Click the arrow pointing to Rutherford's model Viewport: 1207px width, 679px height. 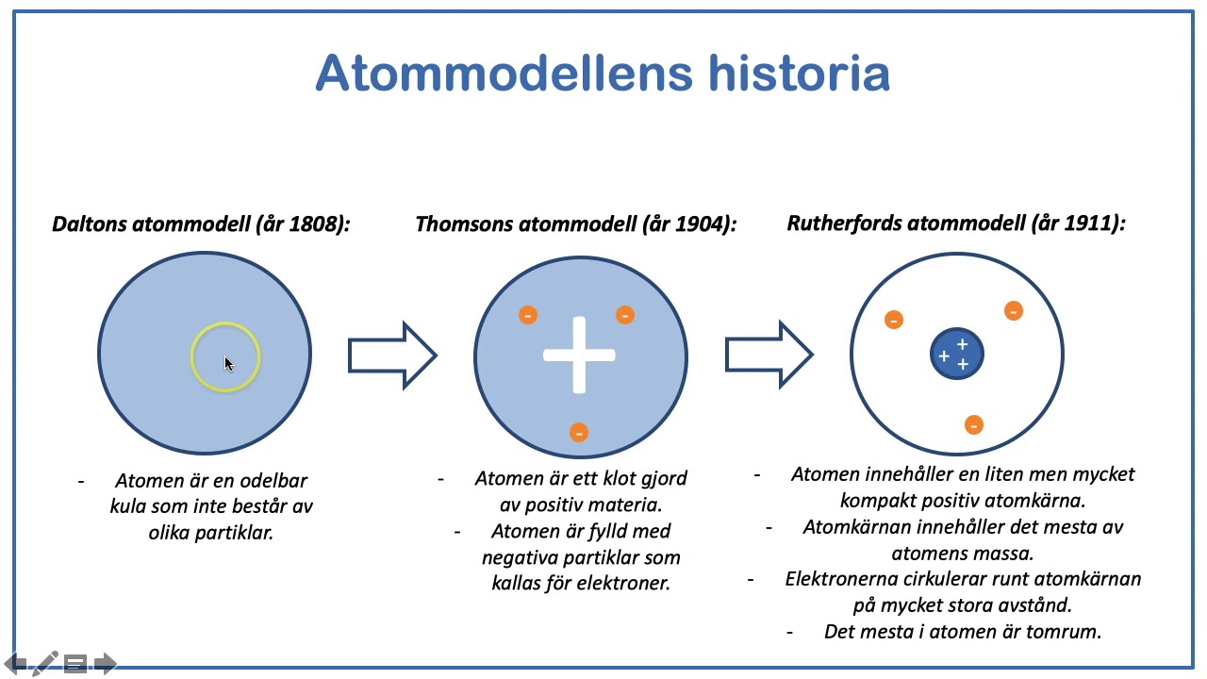[768, 355]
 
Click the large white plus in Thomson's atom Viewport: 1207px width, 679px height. [579, 356]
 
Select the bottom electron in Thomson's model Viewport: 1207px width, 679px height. [579, 432]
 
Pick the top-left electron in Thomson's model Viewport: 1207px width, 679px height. [528, 315]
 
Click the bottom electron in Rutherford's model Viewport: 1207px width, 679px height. [974, 425]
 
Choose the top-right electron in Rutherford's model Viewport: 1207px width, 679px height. [1014, 310]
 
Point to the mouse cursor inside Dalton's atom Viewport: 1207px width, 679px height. [228, 364]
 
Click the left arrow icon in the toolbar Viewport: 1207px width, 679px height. [17, 664]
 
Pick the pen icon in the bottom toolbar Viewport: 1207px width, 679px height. [45, 664]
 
